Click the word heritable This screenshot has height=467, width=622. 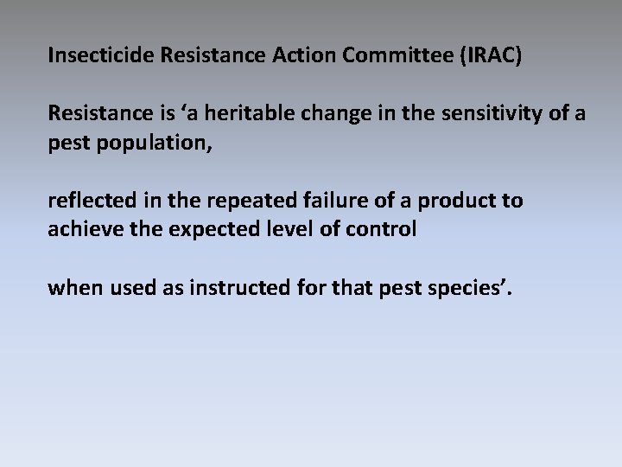click(x=244, y=112)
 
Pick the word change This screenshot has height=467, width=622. click(x=323, y=112)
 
